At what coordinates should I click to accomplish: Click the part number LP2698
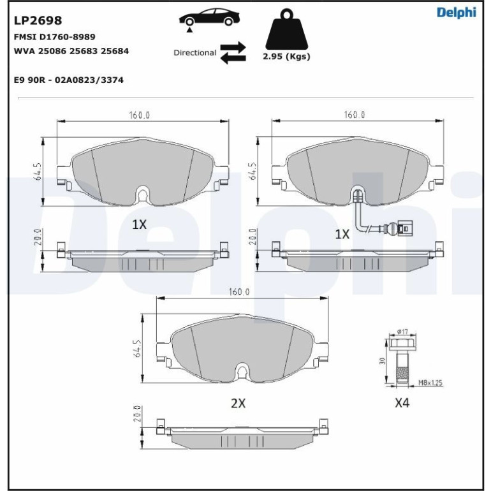(x=38, y=20)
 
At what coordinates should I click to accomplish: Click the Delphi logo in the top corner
(x=456, y=13)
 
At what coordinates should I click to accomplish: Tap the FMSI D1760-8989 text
(x=54, y=37)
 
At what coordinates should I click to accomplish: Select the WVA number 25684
(x=115, y=51)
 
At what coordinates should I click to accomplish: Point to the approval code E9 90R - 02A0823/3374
(x=69, y=80)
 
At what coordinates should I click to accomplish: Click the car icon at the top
(x=209, y=18)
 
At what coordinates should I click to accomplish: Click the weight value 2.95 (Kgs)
(x=286, y=56)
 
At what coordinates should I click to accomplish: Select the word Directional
(x=194, y=52)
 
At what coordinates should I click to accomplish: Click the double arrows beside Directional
(x=233, y=52)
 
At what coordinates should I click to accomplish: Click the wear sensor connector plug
(x=405, y=228)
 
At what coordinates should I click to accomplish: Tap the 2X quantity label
(x=238, y=403)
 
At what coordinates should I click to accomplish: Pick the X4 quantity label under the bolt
(x=402, y=403)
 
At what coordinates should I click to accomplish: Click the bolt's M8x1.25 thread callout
(x=430, y=383)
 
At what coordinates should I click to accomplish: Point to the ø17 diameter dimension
(x=402, y=332)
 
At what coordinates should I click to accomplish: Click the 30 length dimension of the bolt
(x=381, y=361)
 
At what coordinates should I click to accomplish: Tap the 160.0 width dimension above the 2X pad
(x=239, y=292)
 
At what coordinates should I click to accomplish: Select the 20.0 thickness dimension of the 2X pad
(x=136, y=414)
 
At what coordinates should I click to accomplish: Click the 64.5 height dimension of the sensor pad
(x=253, y=171)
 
